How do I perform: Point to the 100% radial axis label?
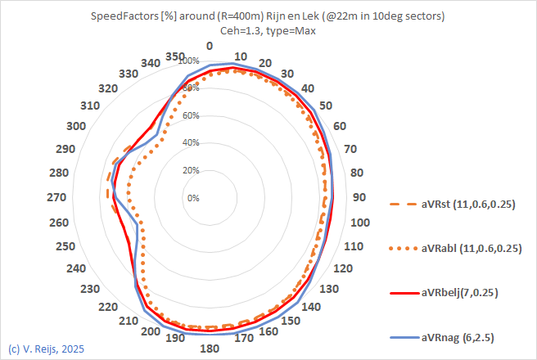(x=188, y=61)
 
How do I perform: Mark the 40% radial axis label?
(x=190, y=143)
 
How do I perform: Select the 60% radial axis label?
(x=190, y=115)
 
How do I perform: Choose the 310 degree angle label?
(x=91, y=106)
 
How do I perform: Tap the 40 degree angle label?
(x=307, y=88)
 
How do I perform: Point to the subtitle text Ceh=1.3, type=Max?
(x=267, y=29)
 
